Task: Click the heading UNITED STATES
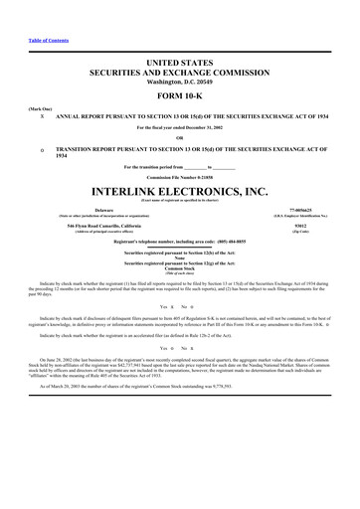[x=180, y=63]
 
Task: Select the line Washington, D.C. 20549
[x=180, y=83]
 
